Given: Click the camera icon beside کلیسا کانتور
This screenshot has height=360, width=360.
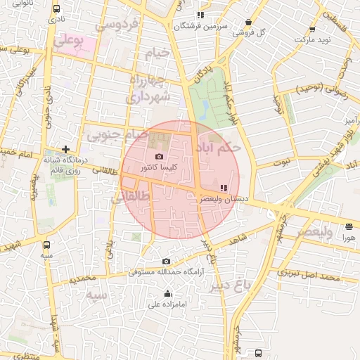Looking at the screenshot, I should pos(160,156).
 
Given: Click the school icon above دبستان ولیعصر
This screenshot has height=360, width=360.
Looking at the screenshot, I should pos(224,188).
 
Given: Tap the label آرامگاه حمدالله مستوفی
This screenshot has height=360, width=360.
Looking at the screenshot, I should pos(165,272).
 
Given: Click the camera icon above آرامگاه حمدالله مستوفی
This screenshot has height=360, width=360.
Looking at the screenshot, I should pos(166,262).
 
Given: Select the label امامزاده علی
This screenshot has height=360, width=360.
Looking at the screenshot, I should pos(167,304).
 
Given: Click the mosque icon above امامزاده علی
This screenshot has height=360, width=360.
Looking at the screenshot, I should pos(167,294).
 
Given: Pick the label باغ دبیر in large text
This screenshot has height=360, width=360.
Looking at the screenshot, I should pos(248,286).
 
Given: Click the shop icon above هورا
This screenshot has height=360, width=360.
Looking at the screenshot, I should pos(349,226).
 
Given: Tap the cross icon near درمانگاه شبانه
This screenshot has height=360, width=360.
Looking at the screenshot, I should pos(65,149).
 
